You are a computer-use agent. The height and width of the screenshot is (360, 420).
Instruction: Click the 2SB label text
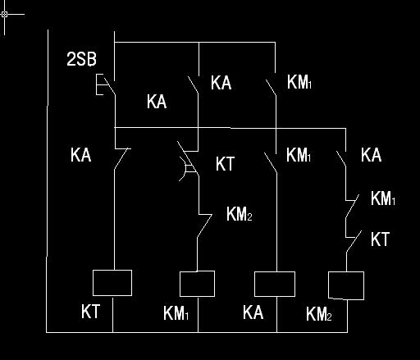[81, 59]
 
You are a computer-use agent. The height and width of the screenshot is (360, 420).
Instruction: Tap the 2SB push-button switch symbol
[106, 84]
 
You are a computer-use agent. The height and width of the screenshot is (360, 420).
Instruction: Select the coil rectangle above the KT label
[112, 283]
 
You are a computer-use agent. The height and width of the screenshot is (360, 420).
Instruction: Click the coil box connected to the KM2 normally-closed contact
[197, 284]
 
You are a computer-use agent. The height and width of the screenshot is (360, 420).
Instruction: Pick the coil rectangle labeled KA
[275, 284]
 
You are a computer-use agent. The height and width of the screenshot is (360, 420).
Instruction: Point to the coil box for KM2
[346, 285]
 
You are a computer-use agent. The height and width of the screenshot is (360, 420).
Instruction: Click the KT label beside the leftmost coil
[90, 312]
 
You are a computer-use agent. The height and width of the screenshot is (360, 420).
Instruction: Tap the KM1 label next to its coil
[176, 313]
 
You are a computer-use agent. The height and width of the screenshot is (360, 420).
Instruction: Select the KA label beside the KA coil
[253, 312]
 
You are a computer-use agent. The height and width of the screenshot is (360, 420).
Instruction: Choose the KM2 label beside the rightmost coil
[319, 314]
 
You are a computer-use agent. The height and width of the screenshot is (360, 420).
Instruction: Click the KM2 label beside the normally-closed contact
[240, 214]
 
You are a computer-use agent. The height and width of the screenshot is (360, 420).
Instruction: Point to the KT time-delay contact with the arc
[188, 162]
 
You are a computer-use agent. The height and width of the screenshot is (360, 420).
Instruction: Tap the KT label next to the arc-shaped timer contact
[225, 164]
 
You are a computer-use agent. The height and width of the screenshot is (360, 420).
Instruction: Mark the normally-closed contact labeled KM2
[204, 226]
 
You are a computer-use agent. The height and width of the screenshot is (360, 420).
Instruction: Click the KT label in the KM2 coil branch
[380, 239]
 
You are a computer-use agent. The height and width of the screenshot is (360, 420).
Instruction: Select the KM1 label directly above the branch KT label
[383, 198]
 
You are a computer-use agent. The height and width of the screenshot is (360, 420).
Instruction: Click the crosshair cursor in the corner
[5, 14]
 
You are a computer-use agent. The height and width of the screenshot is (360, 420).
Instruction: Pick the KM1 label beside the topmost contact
[299, 82]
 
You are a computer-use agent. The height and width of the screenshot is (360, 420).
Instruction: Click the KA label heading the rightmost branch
[371, 155]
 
